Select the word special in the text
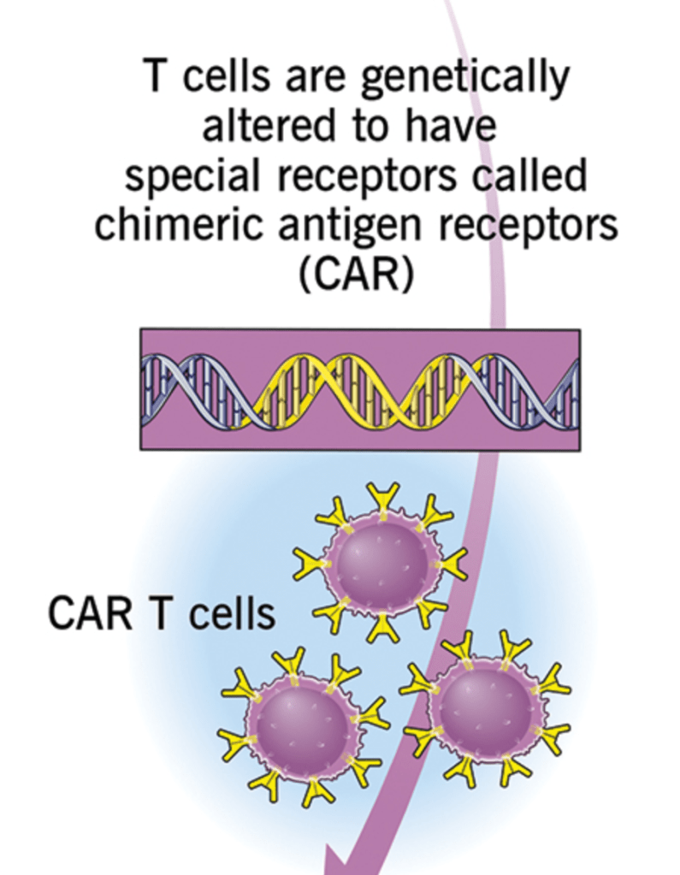178,177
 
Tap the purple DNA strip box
359,389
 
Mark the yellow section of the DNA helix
359,389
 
